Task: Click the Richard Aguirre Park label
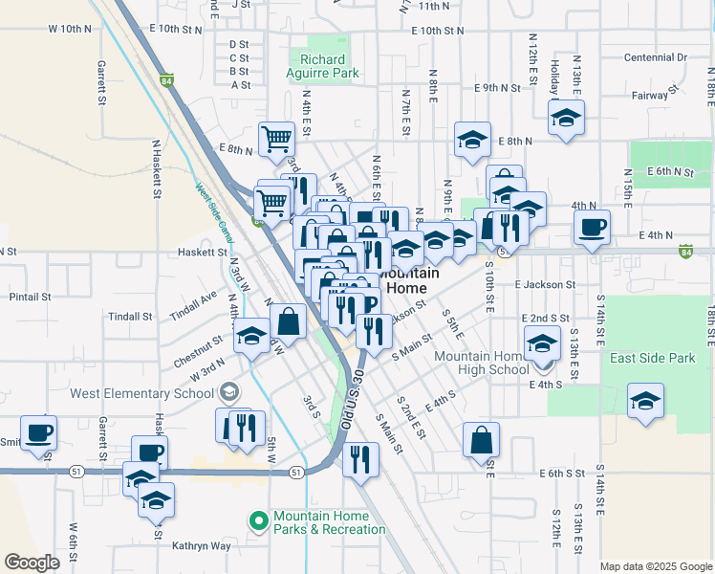pos(315,65)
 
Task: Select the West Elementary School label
pos(141,392)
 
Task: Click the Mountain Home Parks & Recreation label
pos(329,522)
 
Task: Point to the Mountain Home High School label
pos(482,363)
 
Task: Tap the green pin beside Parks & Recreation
pos(257,521)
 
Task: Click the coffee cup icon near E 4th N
pos(592,229)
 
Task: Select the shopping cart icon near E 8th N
pos(276,138)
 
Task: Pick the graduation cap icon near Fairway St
pos(566,119)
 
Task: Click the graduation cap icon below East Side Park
pos(646,401)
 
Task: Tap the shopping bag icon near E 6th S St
pos(481,440)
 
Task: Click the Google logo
pos(32,563)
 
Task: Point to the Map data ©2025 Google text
pos(656,566)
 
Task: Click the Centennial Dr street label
pos(655,57)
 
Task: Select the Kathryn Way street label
pos(202,546)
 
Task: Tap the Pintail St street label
pos(30,297)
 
